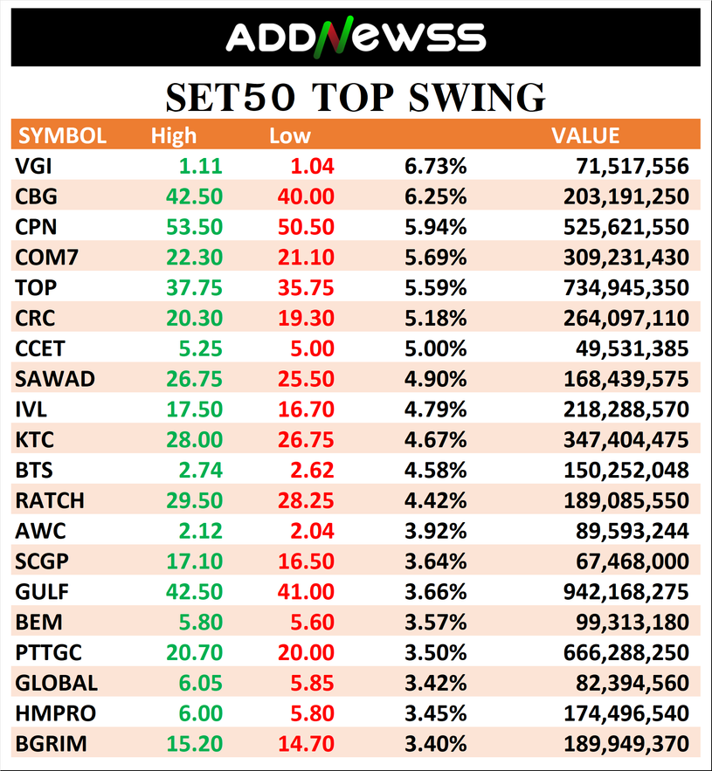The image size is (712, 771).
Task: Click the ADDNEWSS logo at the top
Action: (356, 37)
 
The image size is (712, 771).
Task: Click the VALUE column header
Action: (584, 136)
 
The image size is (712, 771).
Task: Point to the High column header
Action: (174, 136)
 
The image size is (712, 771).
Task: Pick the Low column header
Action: (290, 136)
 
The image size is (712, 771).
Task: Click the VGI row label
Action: (33, 167)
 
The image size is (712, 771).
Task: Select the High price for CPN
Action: (194, 227)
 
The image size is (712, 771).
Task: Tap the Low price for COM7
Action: (306, 258)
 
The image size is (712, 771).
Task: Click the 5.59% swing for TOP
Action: (435, 288)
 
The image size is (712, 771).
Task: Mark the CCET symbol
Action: (39, 348)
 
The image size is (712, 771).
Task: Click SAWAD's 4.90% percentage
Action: (435, 379)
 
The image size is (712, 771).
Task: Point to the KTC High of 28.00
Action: (194, 439)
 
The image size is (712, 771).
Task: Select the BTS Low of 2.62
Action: (311, 470)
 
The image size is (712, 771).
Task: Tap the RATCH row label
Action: (50, 500)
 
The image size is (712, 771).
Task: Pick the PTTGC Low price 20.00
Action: (306, 652)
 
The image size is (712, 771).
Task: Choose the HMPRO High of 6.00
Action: (199, 713)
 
